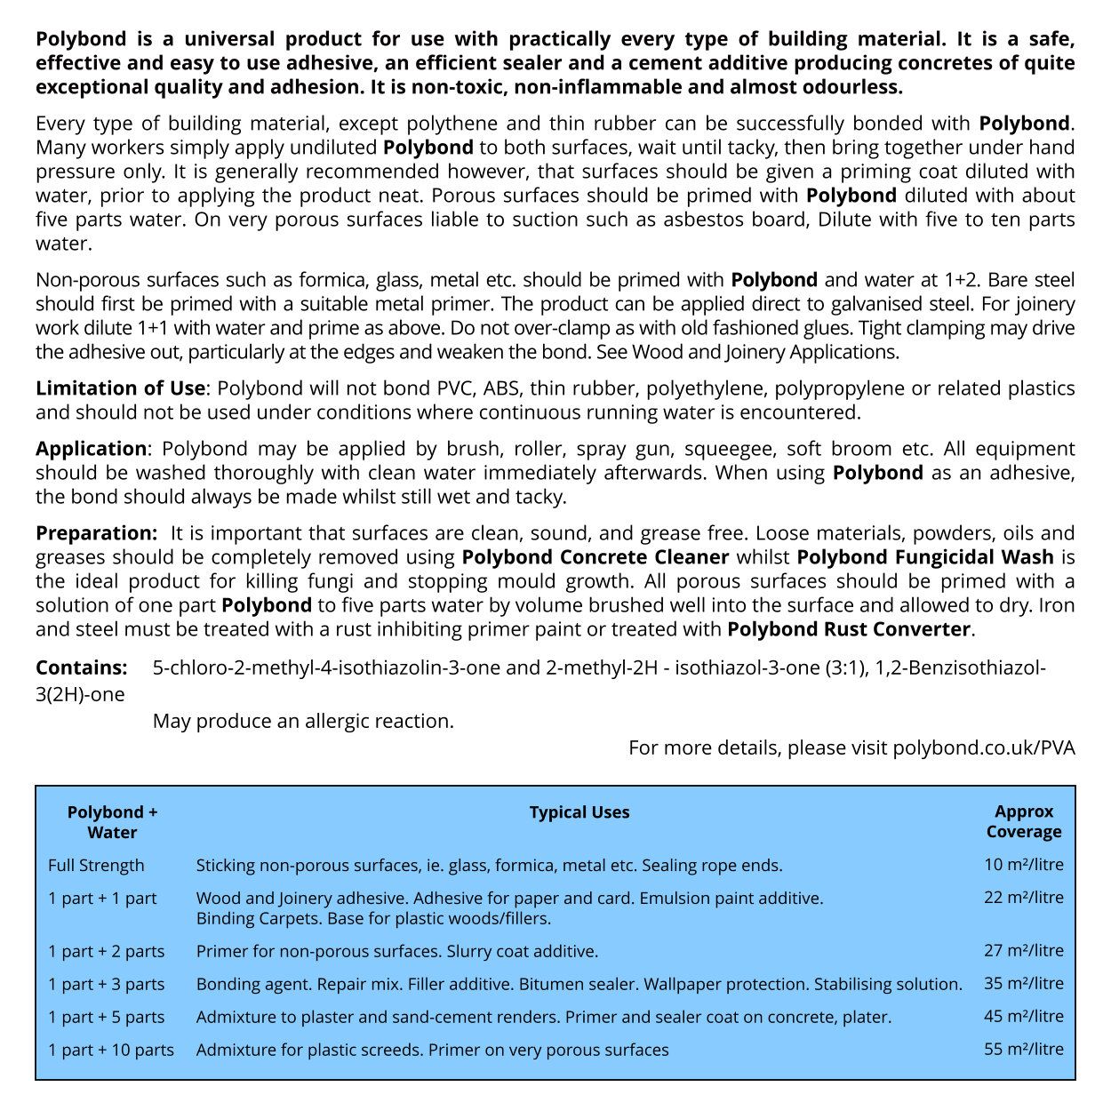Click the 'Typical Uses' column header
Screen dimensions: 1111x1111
(579, 812)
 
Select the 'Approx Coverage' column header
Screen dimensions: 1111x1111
(1024, 821)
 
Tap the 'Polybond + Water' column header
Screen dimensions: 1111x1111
(112, 822)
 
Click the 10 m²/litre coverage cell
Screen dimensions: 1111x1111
(1024, 864)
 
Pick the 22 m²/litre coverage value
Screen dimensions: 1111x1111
(1024, 897)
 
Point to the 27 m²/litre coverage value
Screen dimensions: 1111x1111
(1024, 950)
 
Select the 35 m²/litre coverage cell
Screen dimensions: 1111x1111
(1024, 983)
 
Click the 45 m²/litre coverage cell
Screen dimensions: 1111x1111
(1024, 1016)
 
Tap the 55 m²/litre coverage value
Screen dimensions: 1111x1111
(1024, 1049)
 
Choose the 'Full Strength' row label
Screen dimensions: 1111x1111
(96, 865)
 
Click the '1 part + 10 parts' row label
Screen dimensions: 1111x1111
(111, 1050)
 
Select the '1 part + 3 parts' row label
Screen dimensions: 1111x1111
(107, 984)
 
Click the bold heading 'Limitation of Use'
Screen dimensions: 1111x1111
(120, 388)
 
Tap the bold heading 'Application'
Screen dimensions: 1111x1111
(91, 449)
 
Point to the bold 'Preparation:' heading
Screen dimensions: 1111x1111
(96, 533)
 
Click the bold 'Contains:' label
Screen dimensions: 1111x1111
(82, 667)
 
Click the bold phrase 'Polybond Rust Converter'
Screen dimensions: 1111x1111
(849, 629)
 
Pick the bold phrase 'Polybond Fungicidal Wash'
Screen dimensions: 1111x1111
(925, 557)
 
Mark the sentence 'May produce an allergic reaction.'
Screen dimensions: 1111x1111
(303, 721)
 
